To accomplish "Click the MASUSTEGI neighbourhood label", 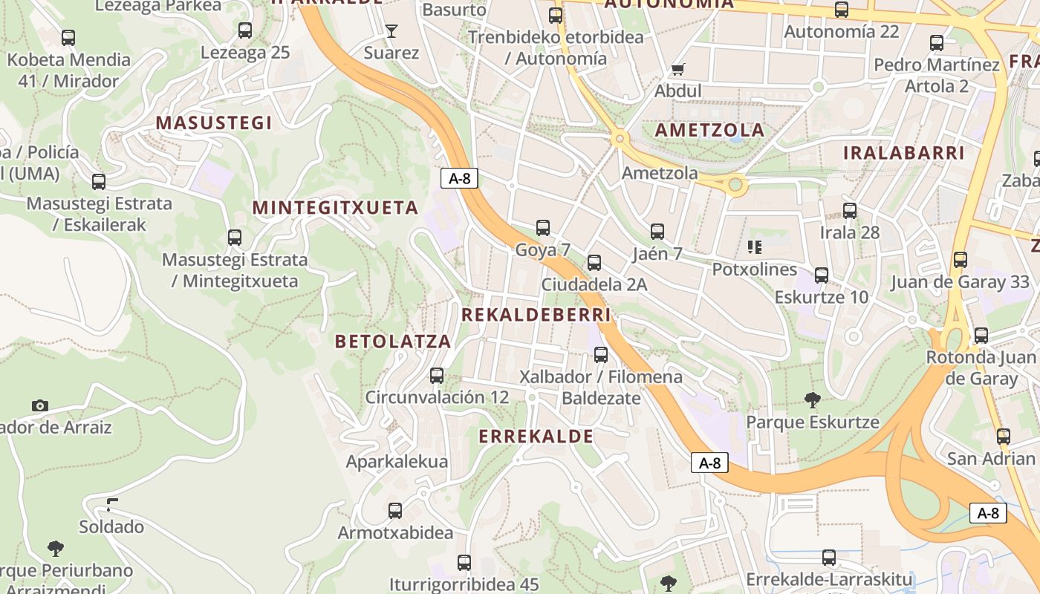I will tap(214, 123).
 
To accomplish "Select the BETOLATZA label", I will tap(393, 341).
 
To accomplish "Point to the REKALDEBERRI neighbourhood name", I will tap(536, 315).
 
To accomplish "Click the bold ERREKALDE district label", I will tap(536, 436).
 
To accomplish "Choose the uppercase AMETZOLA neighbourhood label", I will tap(709, 130).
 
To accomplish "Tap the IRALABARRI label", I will tap(903, 153).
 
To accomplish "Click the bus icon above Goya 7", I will tap(543, 228).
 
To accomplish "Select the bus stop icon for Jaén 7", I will tap(657, 232).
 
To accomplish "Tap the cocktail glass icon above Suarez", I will tap(391, 30).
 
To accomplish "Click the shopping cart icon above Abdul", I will tap(677, 70).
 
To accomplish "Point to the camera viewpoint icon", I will tap(40, 405).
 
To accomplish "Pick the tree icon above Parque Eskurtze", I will tap(813, 400).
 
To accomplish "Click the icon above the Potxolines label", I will tap(755, 247).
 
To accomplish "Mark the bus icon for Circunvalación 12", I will tap(437, 376).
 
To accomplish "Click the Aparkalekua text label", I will tap(397, 462).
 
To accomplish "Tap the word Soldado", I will tap(111, 527).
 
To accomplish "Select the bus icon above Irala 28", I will tap(850, 211).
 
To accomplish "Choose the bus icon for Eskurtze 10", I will tap(822, 275).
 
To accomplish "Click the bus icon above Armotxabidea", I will tap(395, 511).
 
